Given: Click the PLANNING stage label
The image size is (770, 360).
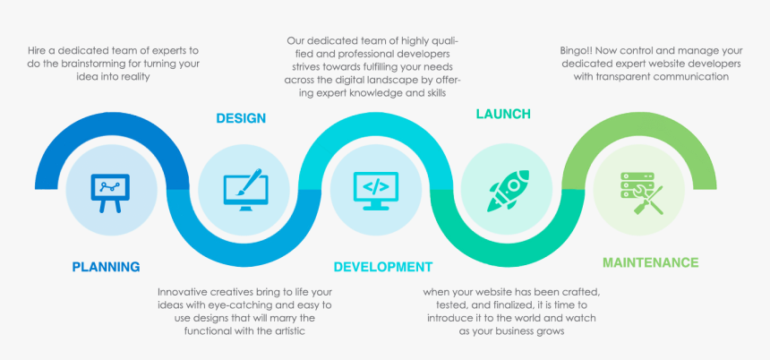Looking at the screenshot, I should point(106,266).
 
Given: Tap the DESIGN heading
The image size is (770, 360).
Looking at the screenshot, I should point(241,118).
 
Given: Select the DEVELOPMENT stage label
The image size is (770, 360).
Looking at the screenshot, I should point(383,267).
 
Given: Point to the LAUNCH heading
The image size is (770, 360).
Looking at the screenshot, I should point(503,114).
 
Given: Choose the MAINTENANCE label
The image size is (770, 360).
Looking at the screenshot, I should point(651,262).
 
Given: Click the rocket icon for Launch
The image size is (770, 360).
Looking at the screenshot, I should point(508,189).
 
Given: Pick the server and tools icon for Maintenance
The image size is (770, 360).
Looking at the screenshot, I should point(641,191).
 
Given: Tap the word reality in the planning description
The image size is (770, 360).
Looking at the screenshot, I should point(130,77).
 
